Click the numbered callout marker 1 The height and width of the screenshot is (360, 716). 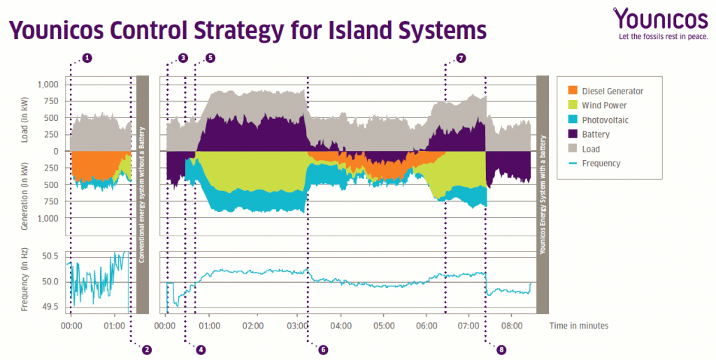pos(87,58)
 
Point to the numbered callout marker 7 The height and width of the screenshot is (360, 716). pos(460,58)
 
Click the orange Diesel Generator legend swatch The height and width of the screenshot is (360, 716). pos(573,91)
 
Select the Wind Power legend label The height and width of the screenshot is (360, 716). pos(604,106)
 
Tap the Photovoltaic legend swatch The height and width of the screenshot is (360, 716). pos(573,120)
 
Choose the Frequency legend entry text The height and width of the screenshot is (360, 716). pos(601,164)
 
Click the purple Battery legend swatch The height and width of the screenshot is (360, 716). pos(573,134)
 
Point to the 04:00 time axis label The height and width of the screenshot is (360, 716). pos(341,326)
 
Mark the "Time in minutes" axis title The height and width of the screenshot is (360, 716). pos(578,326)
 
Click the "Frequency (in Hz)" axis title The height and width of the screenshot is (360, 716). pos(25,280)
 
